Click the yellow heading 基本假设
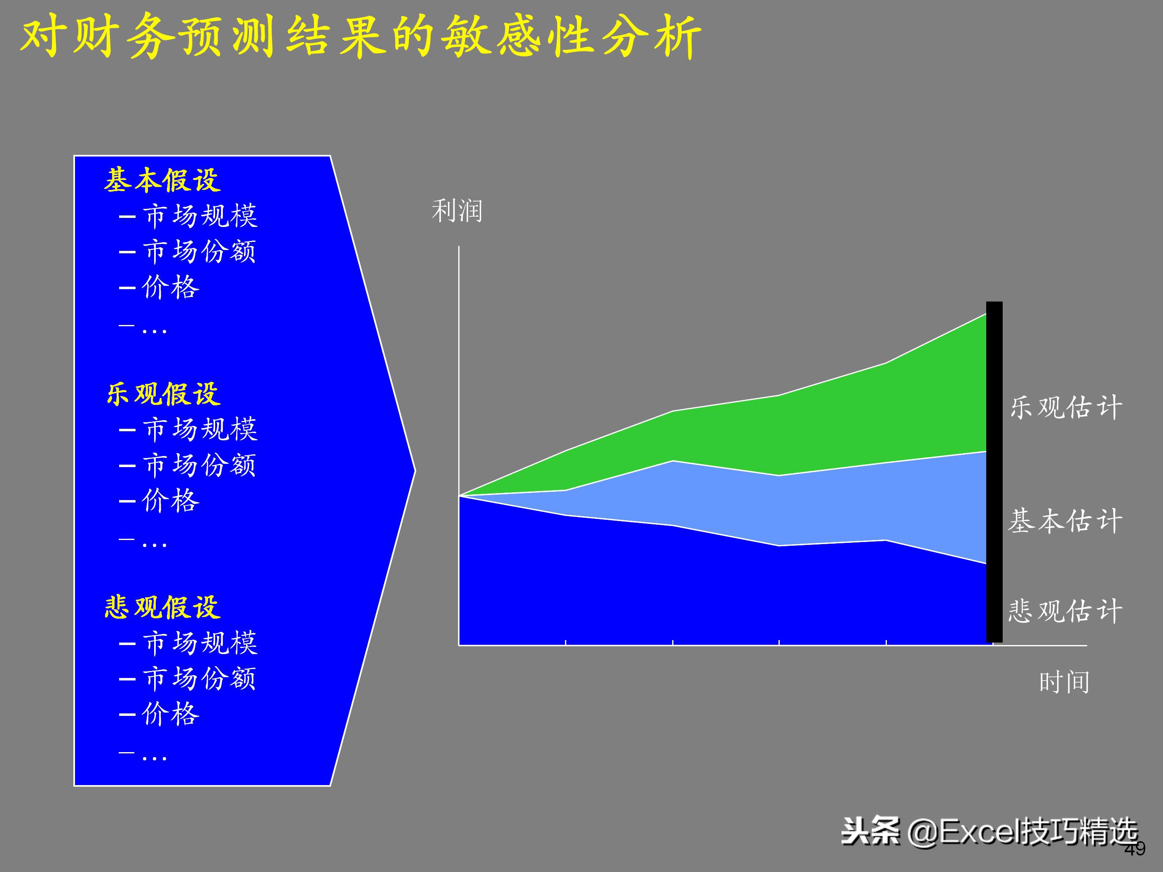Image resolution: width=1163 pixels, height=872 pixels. tap(162, 180)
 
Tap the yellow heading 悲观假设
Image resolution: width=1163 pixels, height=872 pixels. tap(162, 607)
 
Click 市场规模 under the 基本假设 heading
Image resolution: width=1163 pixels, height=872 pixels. tap(200, 215)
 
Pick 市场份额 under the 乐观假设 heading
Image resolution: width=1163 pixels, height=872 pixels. tap(199, 465)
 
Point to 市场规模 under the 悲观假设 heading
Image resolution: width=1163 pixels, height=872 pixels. tap(200, 642)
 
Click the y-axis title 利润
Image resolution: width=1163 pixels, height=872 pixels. tap(456, 211)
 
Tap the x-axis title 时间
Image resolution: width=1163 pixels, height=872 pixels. tap(1064, 682)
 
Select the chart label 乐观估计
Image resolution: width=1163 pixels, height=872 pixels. tap(1066, 407)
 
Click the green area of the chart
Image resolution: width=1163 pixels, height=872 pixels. tap(841, 421)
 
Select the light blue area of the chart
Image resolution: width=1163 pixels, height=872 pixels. tap(841, 505)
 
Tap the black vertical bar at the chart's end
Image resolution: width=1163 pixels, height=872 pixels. tap(994, 473)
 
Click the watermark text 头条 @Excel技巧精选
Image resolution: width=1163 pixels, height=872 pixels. tap(988, 832)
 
